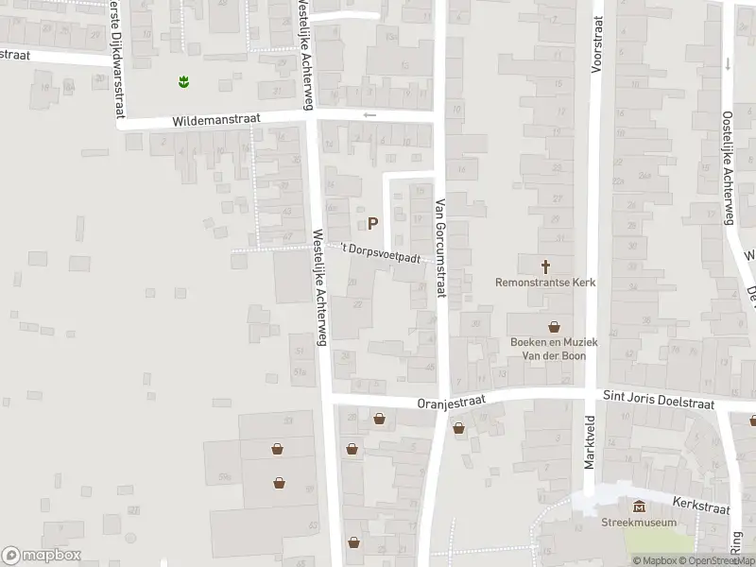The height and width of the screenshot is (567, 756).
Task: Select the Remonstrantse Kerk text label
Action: pos(545,282)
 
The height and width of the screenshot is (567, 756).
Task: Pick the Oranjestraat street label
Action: pos(451,402)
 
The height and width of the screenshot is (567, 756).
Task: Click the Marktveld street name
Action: pos(590,441)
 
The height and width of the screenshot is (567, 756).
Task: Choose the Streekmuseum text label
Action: pos(639,522)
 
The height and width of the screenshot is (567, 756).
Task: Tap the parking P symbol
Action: pos(372,224)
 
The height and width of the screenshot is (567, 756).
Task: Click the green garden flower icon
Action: pos(183,82)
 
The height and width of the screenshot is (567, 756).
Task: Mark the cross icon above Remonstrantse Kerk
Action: pos(545,266)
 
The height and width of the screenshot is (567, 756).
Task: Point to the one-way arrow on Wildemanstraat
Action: pos(369,115)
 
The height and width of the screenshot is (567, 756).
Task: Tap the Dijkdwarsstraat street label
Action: pos(116,57)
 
